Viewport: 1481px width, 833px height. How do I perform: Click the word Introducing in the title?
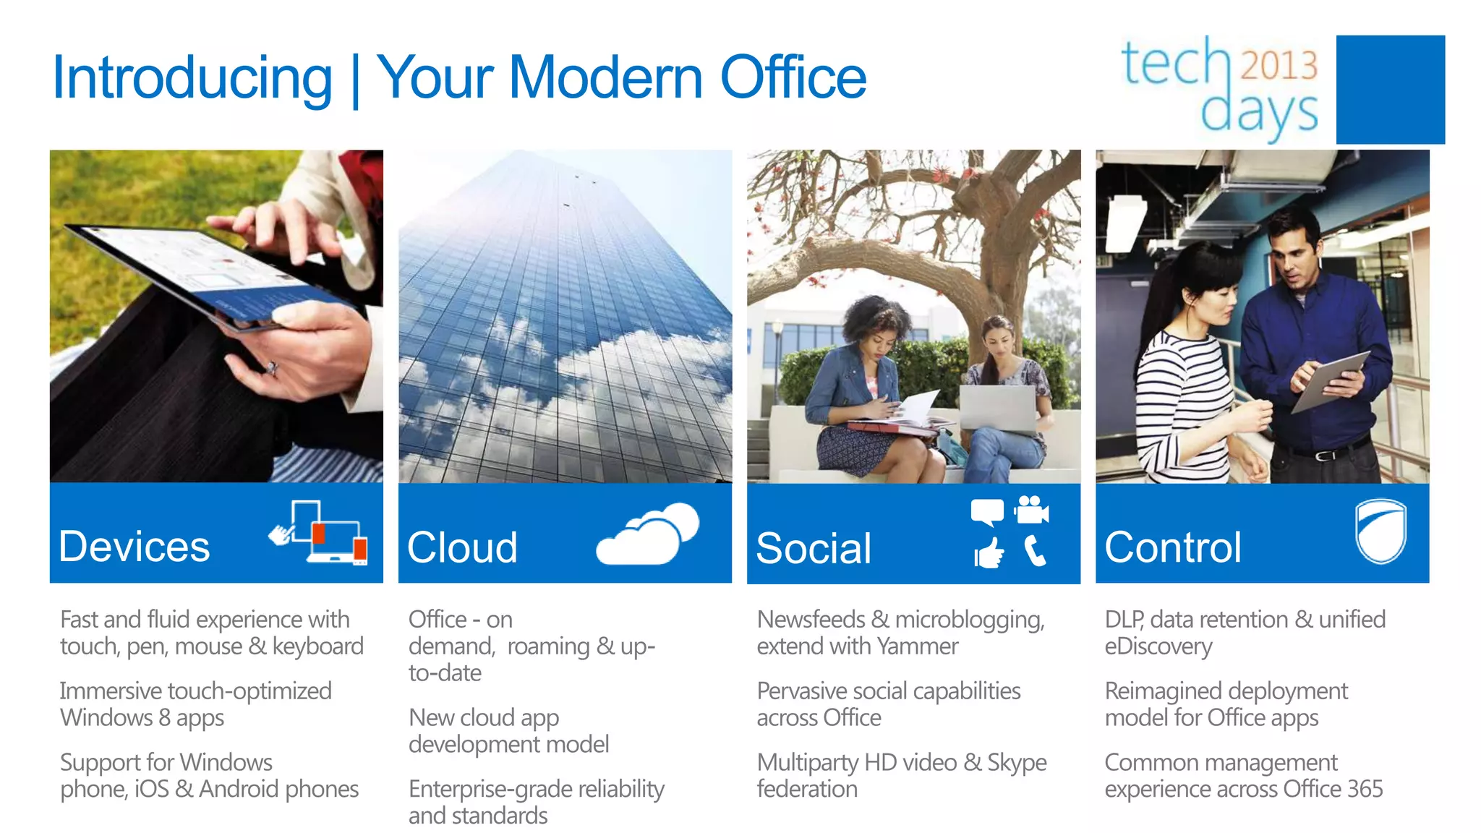click(x=192, y=78)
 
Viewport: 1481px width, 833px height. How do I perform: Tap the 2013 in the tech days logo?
click(x=1279, y=64)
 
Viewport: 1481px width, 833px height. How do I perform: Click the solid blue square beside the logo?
click(x=1390, y=90)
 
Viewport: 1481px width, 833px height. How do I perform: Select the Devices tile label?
click(x=135, y=547)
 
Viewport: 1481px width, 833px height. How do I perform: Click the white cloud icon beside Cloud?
click(x=648, y=535)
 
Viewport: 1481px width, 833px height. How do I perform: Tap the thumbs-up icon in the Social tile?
click(x=989, y=554)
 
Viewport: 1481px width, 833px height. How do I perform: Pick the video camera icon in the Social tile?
click(x=1031, y=510)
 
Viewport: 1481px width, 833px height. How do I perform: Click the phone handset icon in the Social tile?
click(x=1035, y=552)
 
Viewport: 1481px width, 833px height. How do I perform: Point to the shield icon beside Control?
click(x=1380, y=531)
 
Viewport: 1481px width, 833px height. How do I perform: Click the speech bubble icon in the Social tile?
click(x=987, y=512)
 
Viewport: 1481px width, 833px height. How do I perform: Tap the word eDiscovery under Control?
click(x=1158, y=646)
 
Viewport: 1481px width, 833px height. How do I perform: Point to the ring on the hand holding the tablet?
click(x=272, y=369)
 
